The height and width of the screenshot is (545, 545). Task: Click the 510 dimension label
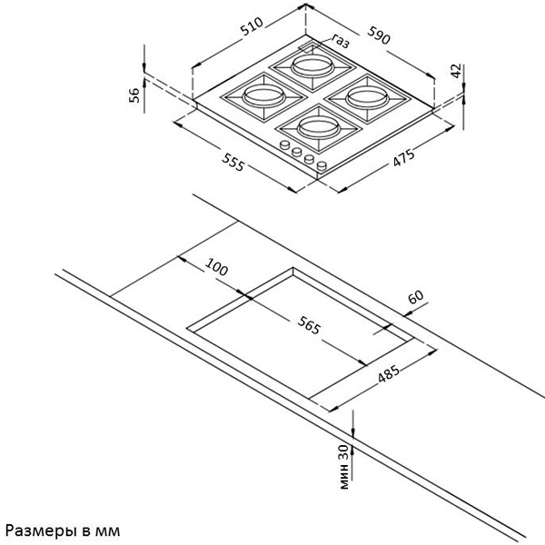[x=253, y=26]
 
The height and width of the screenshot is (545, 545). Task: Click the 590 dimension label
[x=379, y=35]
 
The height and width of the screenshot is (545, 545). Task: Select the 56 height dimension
[x=134, y=94]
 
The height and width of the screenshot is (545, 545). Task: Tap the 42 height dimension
[x=456, y=71]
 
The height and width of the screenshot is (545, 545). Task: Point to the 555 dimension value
[x=233, y=162]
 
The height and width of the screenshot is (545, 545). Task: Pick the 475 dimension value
[x=403, y=157]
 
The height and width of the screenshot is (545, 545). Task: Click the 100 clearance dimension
[x=216, y=266]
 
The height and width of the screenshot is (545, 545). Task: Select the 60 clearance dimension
[x=416, y=296]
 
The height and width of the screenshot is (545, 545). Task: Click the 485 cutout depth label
[x=389, y=373]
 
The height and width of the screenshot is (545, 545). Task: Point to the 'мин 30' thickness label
[x=343, y=467]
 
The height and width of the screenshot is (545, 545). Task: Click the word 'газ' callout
[x=341, y=41]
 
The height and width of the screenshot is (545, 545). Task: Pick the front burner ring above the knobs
[x=319, y=127]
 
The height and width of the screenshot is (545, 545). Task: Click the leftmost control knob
[x=285, y=144]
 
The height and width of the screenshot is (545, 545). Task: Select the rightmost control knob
[x=322, y=166]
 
